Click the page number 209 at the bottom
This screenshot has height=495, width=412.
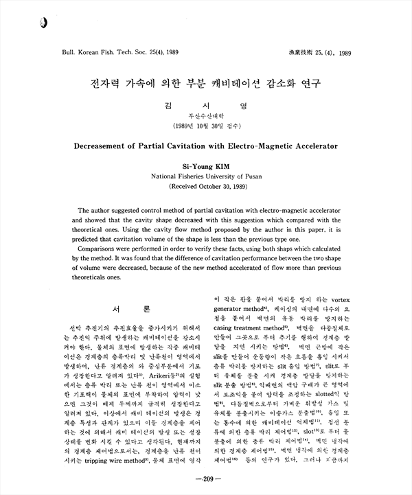[206, 478]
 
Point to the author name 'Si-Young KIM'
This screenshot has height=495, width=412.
[205, 165]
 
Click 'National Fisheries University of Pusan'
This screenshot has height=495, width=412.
[205, 176]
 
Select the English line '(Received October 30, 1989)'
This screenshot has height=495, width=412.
[205, 186]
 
